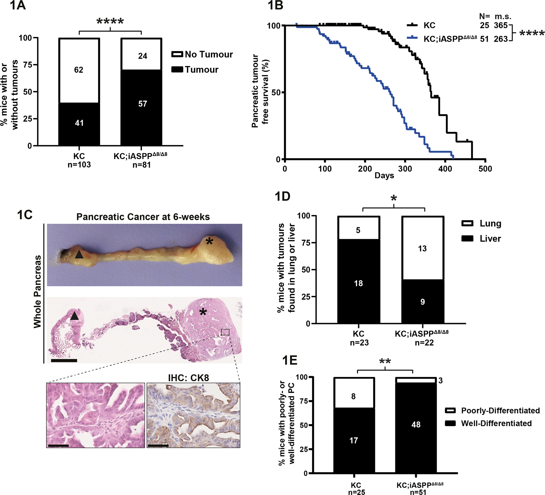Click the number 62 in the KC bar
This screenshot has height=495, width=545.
[x=79, y=70]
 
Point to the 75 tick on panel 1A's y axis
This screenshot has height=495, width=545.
[x=27, y=65]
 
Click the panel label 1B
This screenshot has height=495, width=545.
[x=275, y=5]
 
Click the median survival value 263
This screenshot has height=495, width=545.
[x=501, y=39]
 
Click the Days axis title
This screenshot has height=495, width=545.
[x=384, y=175]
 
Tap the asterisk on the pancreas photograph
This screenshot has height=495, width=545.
[x=209, y=241]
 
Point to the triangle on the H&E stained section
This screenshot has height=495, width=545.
[x=75, y=316]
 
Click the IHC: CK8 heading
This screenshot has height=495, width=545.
[x=188, y=378]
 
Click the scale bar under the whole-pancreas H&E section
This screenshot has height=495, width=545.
[x=64, y=361]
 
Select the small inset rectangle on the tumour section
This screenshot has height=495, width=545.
[x=225, y=332]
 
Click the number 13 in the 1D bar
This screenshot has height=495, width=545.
[x=422, y=249]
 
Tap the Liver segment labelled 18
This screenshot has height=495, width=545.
[x=358, y=283]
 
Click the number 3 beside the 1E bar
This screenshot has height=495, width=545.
[x=440, y=381]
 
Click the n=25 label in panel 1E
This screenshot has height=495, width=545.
[x=357, y=492]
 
